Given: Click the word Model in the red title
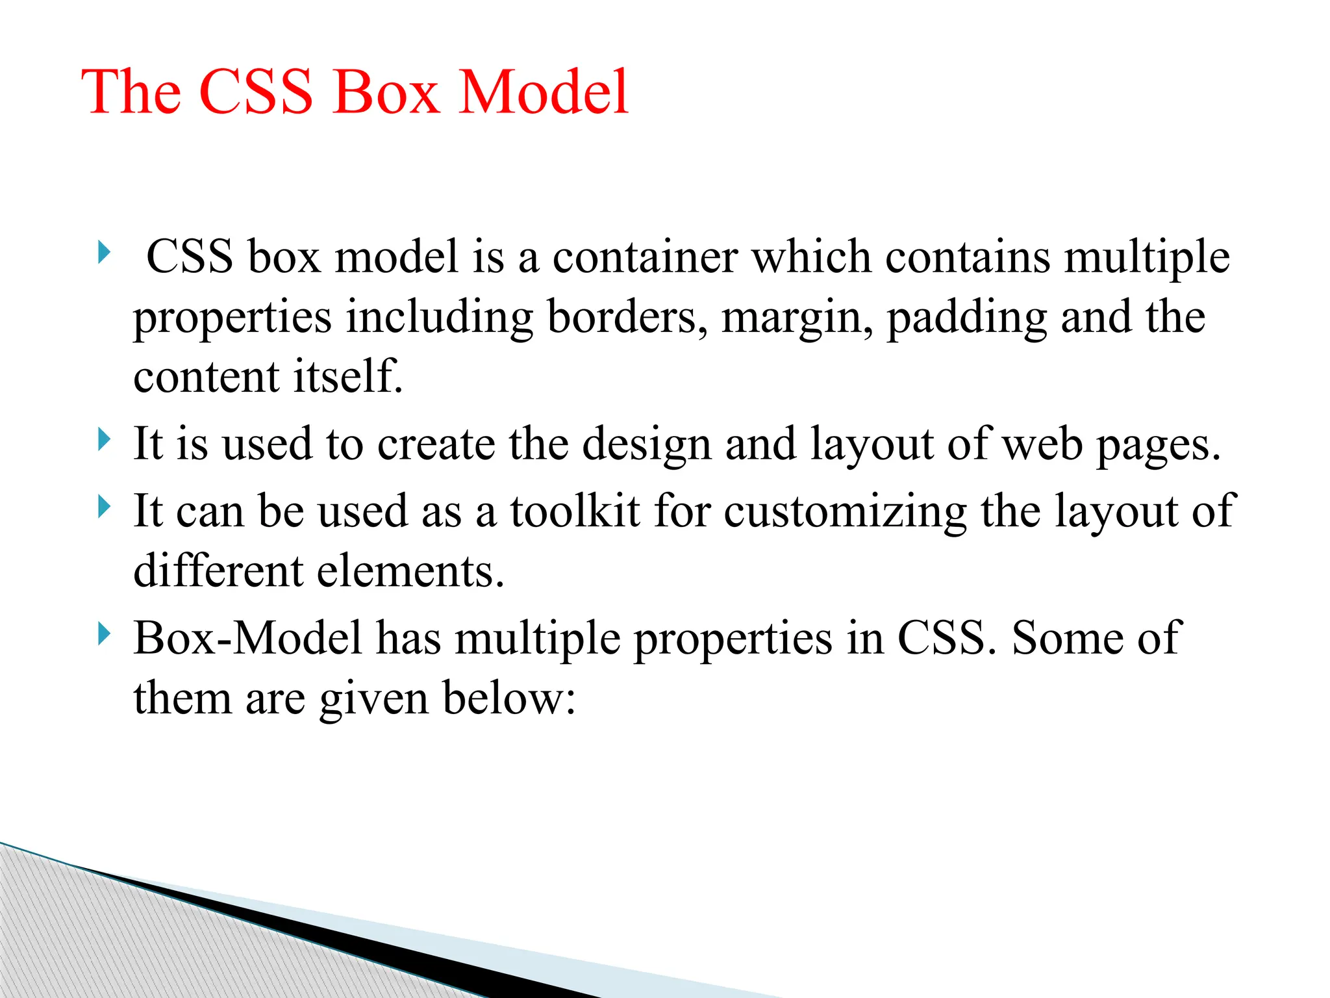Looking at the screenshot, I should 544,92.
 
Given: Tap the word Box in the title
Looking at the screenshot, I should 386,92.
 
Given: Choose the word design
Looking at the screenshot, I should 647,446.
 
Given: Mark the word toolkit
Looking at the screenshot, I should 575,510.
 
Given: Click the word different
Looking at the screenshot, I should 218,570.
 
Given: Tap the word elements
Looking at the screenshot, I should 410,570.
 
